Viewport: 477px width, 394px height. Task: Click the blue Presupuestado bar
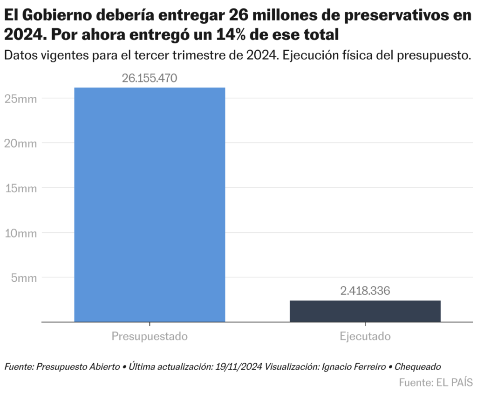pos(150,204)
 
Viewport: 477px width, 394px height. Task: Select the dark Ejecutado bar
pos(365,311)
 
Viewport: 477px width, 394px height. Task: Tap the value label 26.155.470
pos(150,78)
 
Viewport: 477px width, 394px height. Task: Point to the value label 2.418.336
pos(365,291)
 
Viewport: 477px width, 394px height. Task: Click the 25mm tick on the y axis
pos(21,98)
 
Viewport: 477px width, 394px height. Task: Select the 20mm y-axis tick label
pos(21,143)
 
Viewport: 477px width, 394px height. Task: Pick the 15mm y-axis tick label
pos(21,188)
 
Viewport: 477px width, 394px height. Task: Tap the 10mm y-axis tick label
pos(21,233)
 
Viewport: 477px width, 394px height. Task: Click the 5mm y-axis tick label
pos(24,278)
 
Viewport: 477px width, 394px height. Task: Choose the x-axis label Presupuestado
pos(150,336)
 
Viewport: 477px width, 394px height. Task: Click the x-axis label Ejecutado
pos(365,336)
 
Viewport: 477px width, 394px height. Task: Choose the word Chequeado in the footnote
pos(417,367)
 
